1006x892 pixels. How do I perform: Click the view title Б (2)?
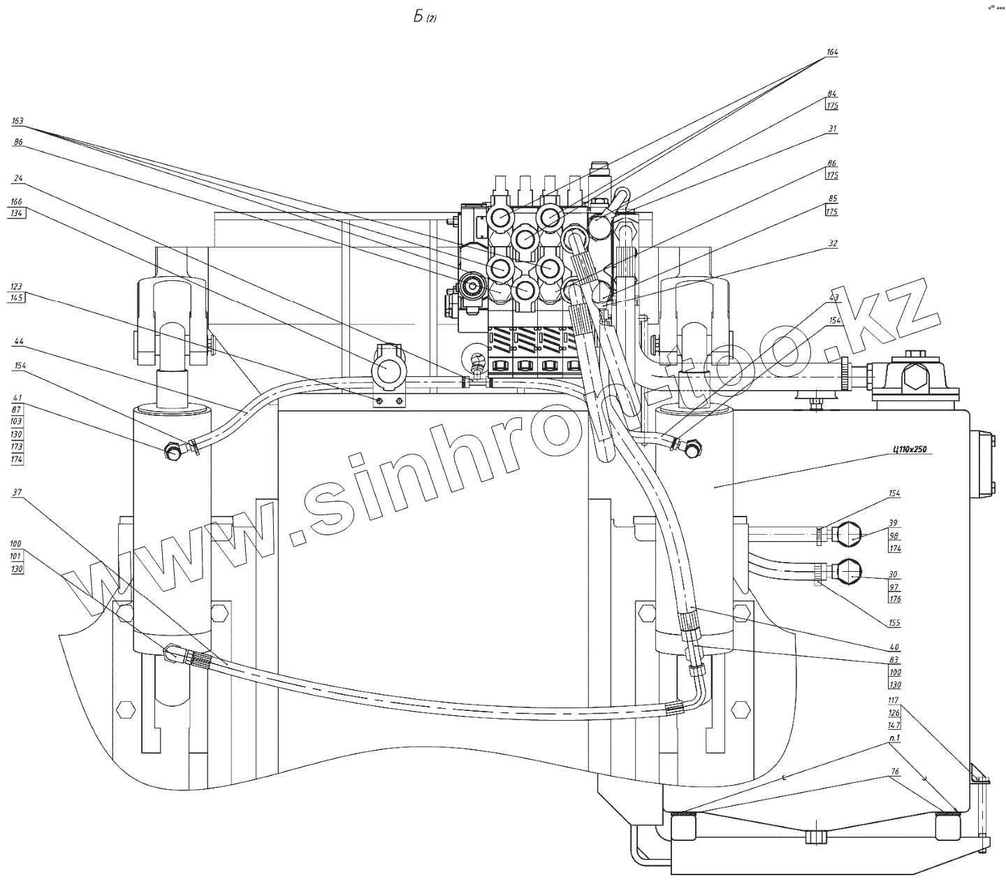[424, 18]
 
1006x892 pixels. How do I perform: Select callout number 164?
[831, 52]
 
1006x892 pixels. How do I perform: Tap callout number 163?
[17, 121]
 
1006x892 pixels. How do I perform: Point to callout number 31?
[831, 129]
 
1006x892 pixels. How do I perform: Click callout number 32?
[832, 244]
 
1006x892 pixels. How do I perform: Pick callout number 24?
[17, 178]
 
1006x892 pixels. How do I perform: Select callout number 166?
[17, 202]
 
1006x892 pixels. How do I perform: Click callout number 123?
[17, 286]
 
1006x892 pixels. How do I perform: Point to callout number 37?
[17, 492]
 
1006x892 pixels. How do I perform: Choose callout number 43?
[833, 297]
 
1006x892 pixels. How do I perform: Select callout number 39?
[894, 524]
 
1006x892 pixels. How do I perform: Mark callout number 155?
[894, 623]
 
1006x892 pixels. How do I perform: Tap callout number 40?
[894, 647]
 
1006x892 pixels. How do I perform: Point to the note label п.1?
[894, 738]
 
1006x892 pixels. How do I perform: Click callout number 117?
[894, 700]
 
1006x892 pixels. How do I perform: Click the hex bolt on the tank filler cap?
[913, 377]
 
